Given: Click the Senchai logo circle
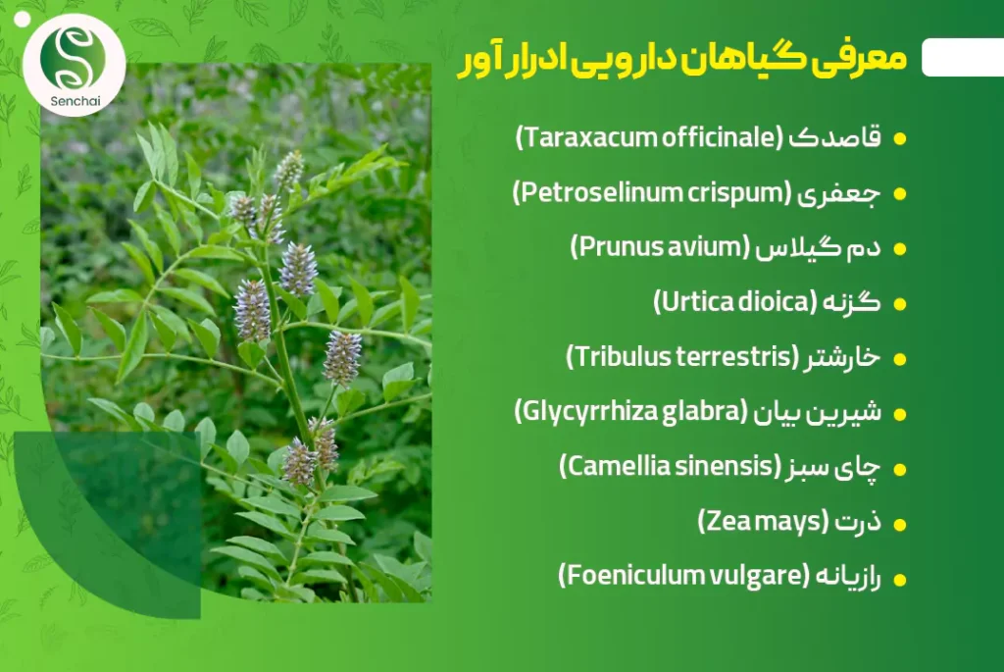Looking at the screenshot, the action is pyautogui.click(x=75, y=65).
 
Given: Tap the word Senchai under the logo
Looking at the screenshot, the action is pyautogui.click(x=75, y=101).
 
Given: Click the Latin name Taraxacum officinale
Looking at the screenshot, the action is pyautogui.click(x=649, y=137).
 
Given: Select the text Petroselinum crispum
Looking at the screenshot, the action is pyautogui.click(x=652, y=193).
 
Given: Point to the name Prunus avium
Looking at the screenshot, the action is pyautogui.click(x=660, y=247).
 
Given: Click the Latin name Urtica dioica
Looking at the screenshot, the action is pyautogui.click(x=735, y=302).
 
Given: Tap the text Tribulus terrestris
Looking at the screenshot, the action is pyautogui.click(x=682, y=357).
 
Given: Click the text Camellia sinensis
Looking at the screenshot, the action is pyautogui.click(x=671, y=466).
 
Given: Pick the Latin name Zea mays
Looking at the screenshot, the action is pyautogui.click(x=763, y=522).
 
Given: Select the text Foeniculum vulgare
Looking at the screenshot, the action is pyautogui.click(x=683, y=576).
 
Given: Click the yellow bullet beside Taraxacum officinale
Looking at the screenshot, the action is pyautogui.click(x=900, y=139).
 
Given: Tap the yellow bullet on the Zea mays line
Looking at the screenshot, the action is pyautogui.click(x=900, y=525).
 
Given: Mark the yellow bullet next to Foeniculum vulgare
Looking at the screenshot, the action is pyautogui.click(x=900, y=580).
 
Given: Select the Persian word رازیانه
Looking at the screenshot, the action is pyautogui.click(x=848, y=577).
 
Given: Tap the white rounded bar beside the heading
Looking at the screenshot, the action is pyautogui.click(x=963, y=57).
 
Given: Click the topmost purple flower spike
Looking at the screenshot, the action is pyautogui.click(x=289, y=169).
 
